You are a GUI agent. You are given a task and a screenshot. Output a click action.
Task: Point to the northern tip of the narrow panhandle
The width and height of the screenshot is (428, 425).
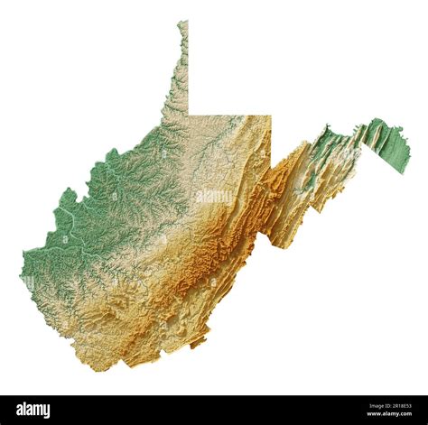coord(183,23)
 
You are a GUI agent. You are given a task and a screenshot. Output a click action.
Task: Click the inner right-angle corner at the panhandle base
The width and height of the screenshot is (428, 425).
coord(188,115)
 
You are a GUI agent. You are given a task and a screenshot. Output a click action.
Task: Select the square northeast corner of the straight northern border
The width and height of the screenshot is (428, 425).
coord(271,115)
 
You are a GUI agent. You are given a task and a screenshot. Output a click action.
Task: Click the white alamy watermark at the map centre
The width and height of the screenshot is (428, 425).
coord(214,196)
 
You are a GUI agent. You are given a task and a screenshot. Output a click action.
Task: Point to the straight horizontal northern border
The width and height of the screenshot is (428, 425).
coord(229,115)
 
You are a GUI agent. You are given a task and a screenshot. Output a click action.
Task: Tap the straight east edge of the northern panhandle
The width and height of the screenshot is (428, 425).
coord(188,72)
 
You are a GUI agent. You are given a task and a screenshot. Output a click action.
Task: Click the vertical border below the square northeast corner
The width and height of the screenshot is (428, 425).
coord(271,144)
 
